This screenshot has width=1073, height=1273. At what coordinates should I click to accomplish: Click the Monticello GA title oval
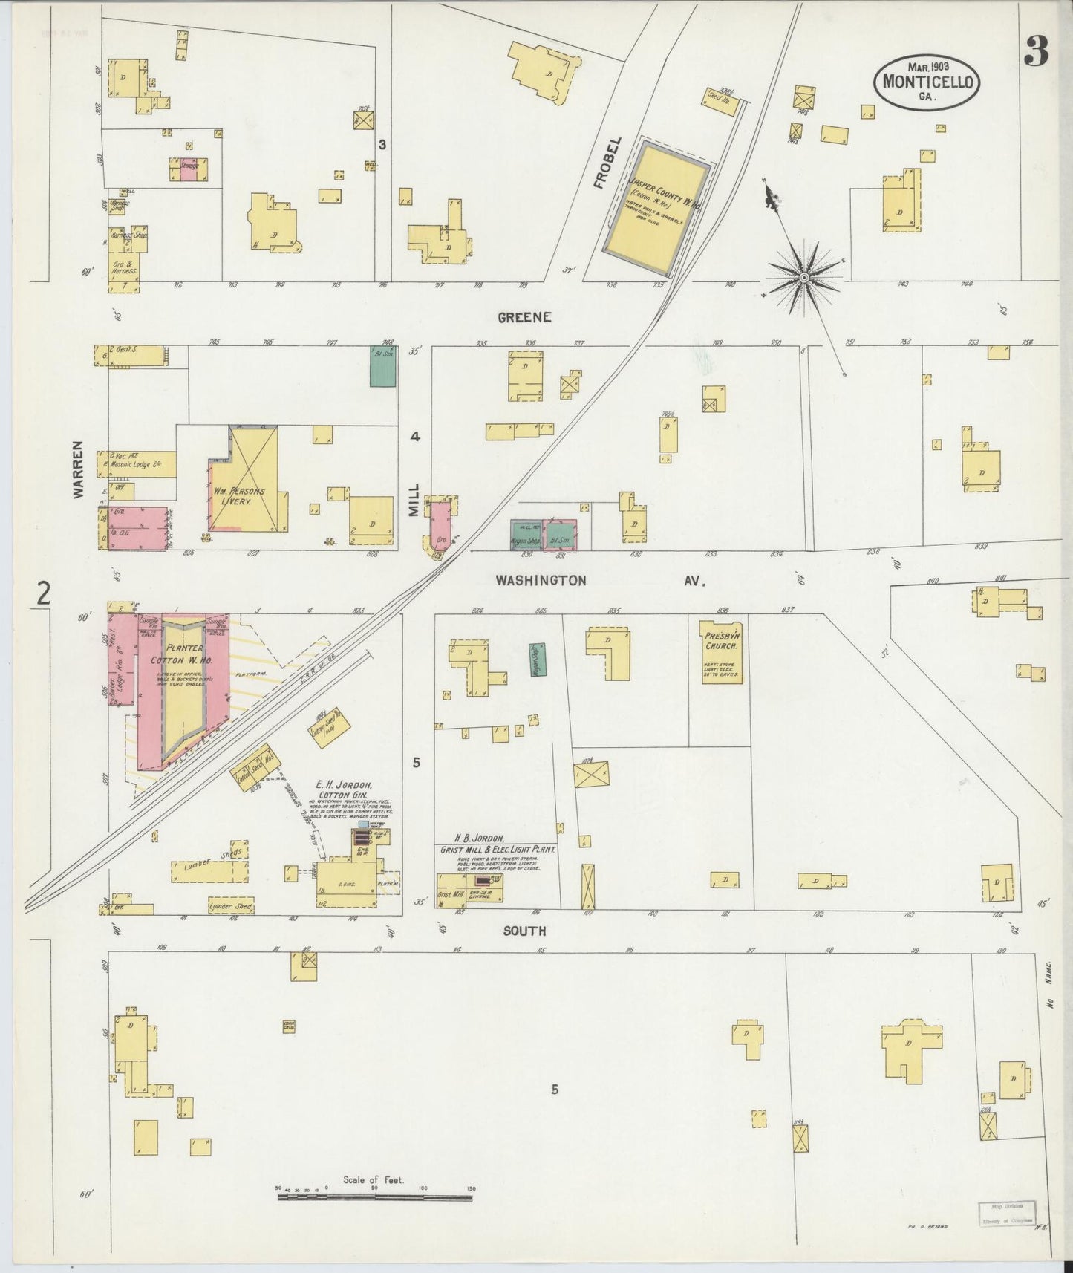click(927, 83)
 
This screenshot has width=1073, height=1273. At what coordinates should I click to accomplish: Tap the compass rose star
click(803, 277)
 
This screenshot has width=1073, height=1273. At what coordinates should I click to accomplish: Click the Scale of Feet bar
click(375, 1197)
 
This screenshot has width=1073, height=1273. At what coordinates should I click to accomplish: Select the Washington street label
click(541, 580)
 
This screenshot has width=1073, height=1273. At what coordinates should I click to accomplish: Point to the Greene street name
click(524, 317)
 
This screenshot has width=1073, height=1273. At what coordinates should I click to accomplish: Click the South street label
click(524, 931)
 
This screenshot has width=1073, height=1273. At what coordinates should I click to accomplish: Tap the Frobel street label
click(600, 163)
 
